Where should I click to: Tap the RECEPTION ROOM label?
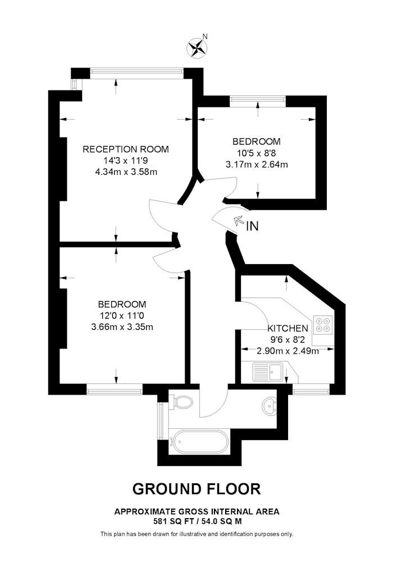pos(126,149)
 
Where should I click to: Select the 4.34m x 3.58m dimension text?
pos(126,171)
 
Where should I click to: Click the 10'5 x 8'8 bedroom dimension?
pos(256,153)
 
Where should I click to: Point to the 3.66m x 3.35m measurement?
pos(122,327)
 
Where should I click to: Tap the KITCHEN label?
pos(288,328)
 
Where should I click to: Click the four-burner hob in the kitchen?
pos(323,325)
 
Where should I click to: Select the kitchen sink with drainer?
pos(268,371)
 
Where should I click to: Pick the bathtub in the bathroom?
pos(199,441)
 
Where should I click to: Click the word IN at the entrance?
pos(252,226)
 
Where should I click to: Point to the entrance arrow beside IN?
pos(238,221)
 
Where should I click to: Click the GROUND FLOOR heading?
pos(197,489)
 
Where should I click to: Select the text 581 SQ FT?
pos(170,521)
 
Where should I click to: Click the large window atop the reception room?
pos(137,72)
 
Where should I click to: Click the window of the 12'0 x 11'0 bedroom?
pos(115,389)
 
